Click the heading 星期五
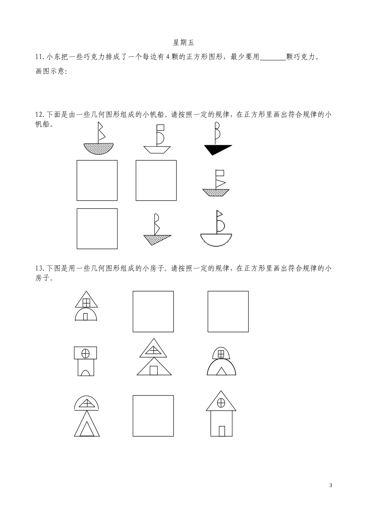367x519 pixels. [183, 42]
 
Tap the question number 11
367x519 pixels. [39, 57]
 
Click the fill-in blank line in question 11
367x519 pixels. [273, 60]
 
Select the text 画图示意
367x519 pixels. [50, 71]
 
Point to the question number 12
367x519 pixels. [40, 115]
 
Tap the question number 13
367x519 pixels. [40, 268]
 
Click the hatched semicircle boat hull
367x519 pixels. [99, 149]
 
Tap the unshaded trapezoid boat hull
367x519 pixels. [157, 150]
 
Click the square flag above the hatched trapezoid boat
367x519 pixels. [220, 173]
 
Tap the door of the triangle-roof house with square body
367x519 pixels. [222, 431]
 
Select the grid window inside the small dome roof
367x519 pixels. [221, 354]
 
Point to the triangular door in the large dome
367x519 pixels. [221, 371]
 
